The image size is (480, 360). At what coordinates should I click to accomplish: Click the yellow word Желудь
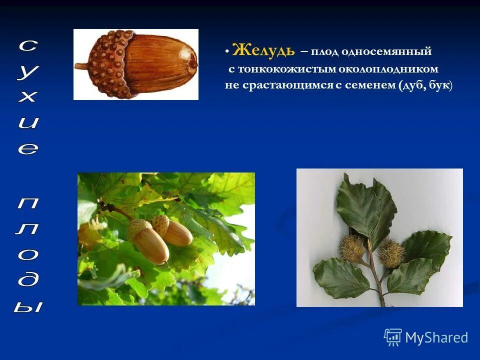coord(263,50)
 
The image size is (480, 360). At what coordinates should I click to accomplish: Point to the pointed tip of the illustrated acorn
coord(193,63)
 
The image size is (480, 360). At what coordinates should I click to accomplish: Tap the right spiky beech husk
coord(390,253)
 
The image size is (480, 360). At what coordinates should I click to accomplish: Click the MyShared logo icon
coord(393,337)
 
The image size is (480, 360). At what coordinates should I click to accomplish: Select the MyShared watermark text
coord(436,337)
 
